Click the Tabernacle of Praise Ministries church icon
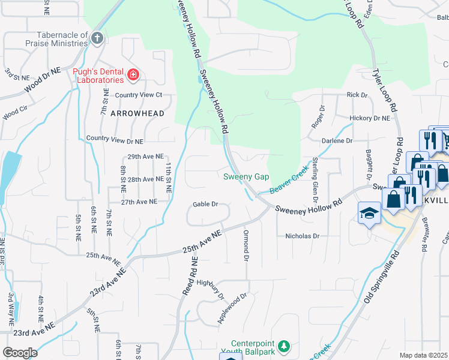[97, 39]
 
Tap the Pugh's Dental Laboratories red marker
[133, 75]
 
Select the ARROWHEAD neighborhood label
[137, 112]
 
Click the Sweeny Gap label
[246, 176]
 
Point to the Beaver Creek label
[292, 184]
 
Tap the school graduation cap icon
[369, 213]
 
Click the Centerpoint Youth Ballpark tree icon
[285, 346]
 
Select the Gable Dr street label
[205, 204]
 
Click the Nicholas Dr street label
[302, 236]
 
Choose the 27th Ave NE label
[139, 202]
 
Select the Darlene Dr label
[337, 140]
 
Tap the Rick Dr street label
[357, 95]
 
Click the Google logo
[20, 353]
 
